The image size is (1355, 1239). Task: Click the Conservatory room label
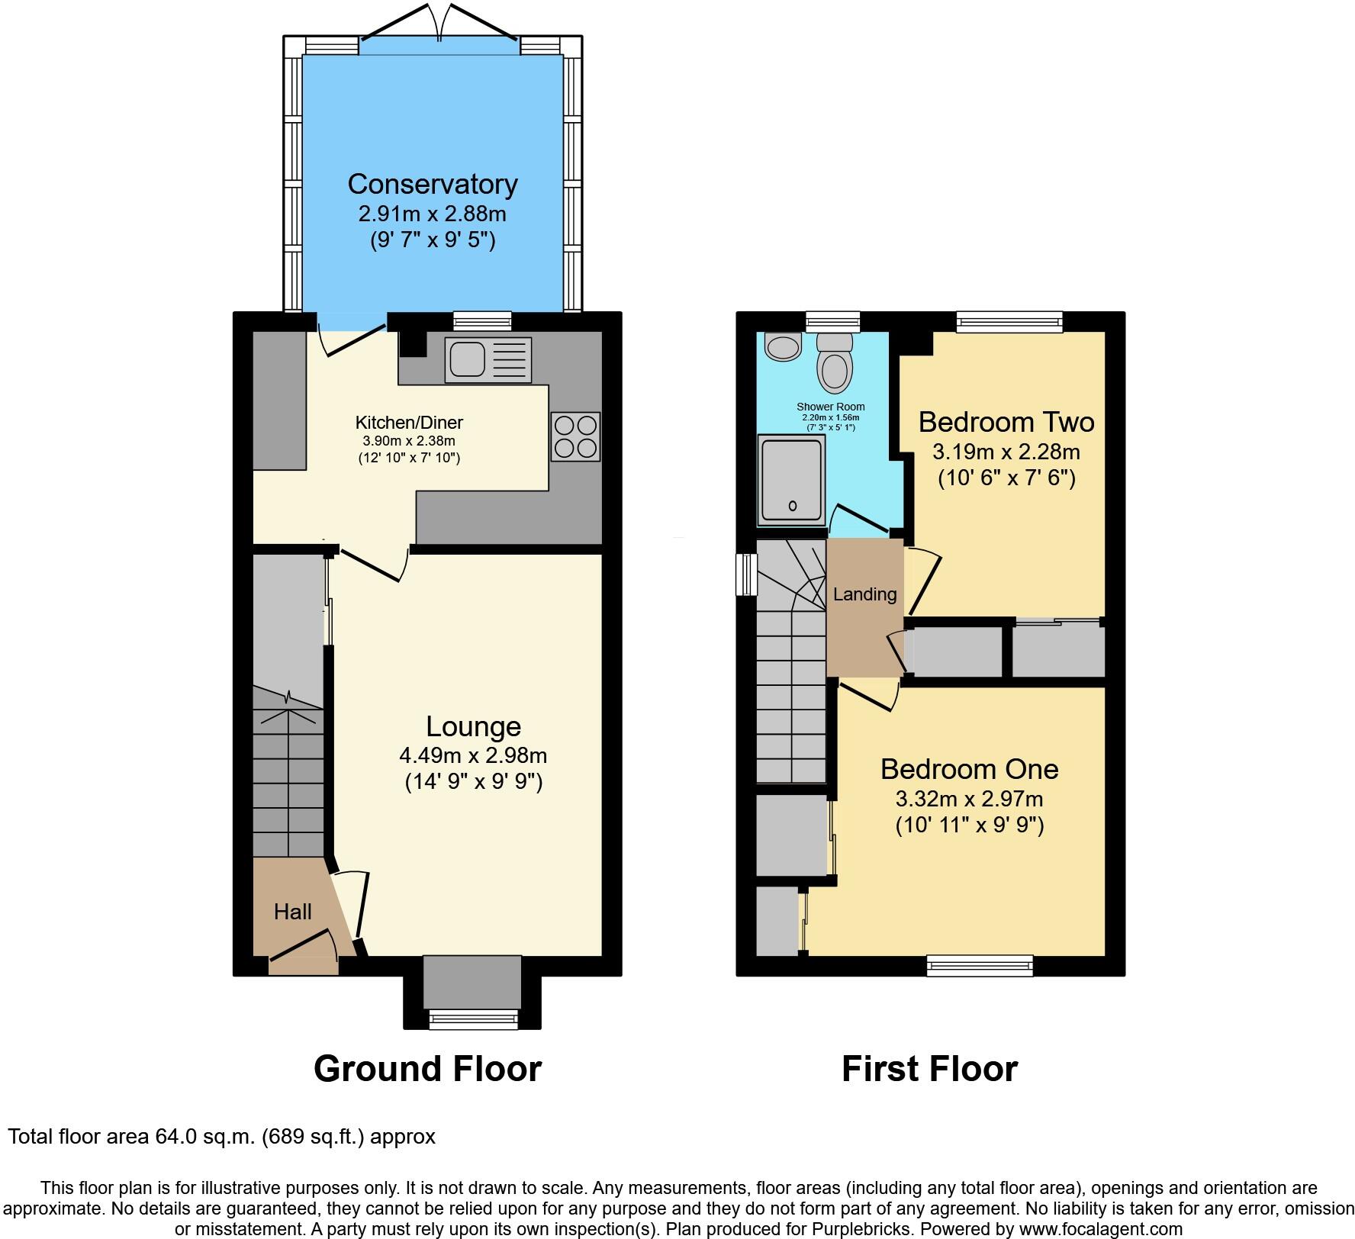pyautogui.click(x=433, y=184)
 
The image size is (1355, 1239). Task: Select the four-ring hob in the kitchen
pyautogui.click(x=575, y=436)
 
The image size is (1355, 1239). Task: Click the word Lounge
pyautogui.click(x=473, y=726)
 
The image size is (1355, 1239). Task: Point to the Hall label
pyautogui.click(x=293, y=912)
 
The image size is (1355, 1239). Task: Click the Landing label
pyautogui.click(x=864, y=594)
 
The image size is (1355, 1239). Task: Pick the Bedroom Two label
pyautogui.click(x=1006, y=422)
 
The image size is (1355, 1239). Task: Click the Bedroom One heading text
pyautogui.click(x=969, y=769)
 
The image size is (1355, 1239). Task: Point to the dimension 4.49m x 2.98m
pyautogui.click(x=473, y=756)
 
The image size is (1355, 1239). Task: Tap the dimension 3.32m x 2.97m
pyautogui.click(x=969, y=800)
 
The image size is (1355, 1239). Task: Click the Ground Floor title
pyautogui.click(x=427, y=1069)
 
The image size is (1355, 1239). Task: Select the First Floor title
pyautogui.click(x=929, y=1069)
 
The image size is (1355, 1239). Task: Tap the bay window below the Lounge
pyautogui.click(x=473, y=1019)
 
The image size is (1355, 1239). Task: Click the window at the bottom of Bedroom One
pyautogui.click(x=980, y=965)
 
